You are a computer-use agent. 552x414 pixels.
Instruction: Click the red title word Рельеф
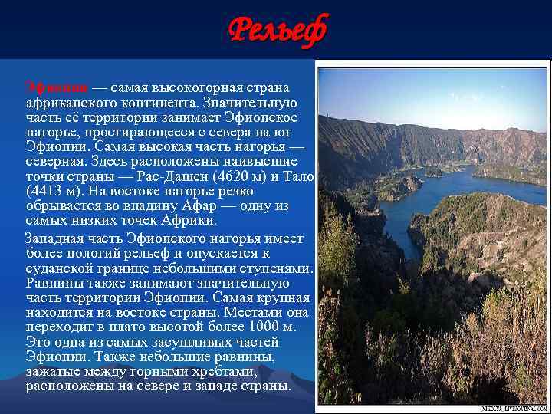278,31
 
